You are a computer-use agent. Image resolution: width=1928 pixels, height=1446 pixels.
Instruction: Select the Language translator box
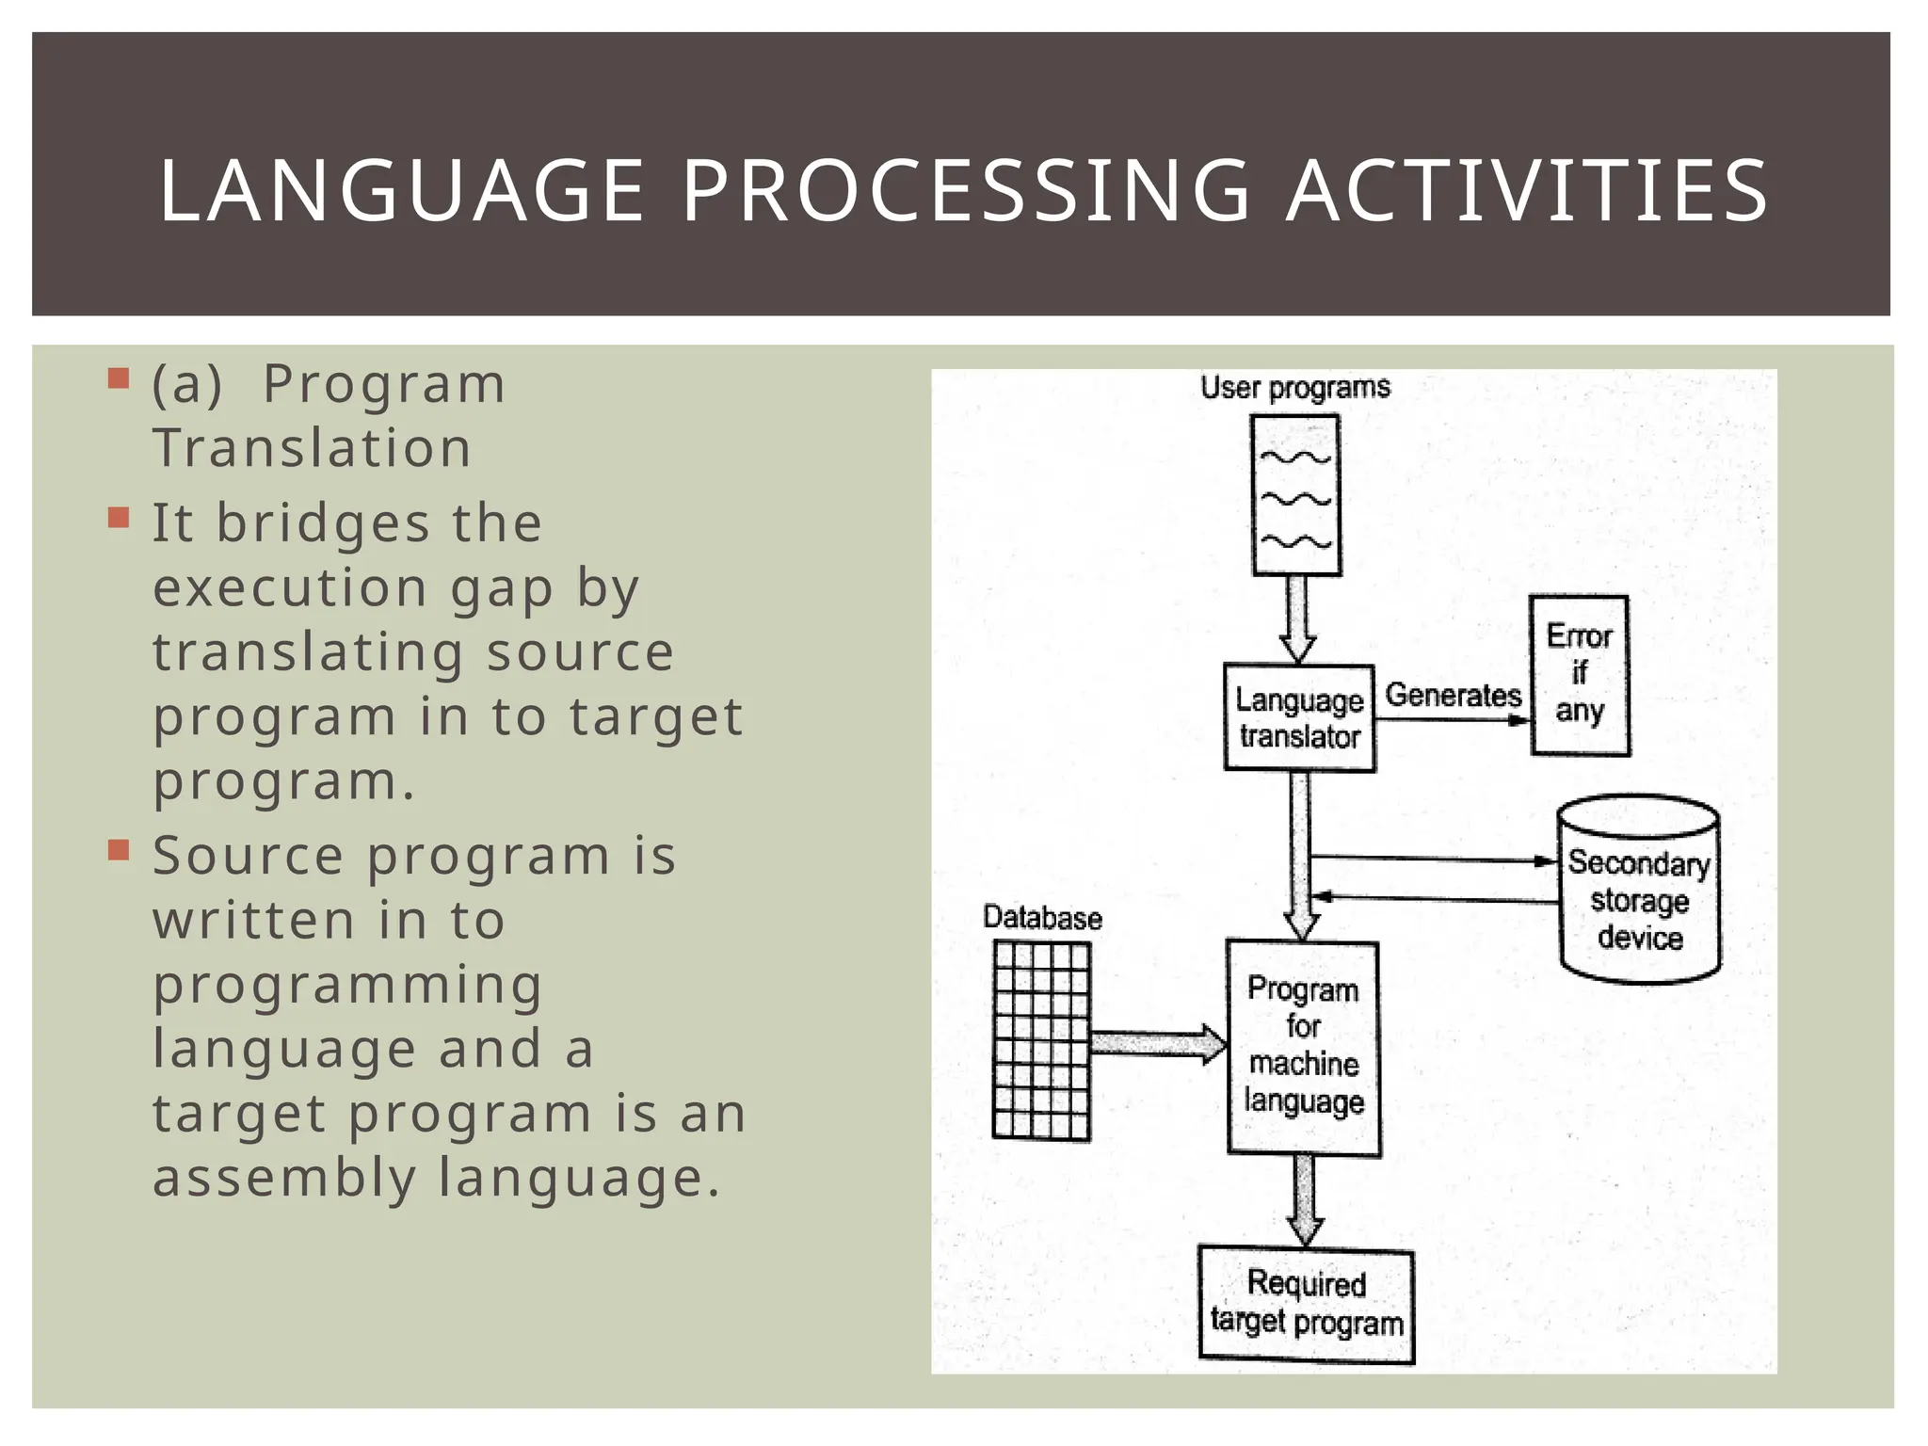[x=1299, y=717]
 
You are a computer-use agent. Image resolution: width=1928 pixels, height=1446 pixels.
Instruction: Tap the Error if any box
[x=1579, y=674]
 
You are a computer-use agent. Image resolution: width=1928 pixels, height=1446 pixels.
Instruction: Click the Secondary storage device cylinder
[x=1639, y=891]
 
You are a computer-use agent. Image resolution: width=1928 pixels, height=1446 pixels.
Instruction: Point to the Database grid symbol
[x=1041, y=1041]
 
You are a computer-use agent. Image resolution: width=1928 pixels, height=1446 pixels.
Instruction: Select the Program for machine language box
[x=1303, y=1047]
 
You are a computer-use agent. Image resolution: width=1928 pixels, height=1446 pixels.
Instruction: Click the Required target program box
[x=1306, y=1305]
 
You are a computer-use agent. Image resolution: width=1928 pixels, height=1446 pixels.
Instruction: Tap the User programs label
[x=1294, y=388]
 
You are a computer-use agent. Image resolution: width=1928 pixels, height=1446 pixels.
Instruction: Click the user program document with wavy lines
[x=1295, y=495]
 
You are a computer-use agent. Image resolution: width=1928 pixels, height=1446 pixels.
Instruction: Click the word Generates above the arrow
[x=1453, y=696]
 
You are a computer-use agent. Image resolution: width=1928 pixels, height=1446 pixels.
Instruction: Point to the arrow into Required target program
[x=1305, y=1201]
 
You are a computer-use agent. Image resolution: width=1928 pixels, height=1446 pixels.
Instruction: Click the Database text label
[x=1041, y=918]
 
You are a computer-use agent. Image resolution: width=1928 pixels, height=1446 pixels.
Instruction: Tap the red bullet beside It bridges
[x=119, y=519]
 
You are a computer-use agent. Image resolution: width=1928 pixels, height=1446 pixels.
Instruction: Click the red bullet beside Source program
[x=119, y=851]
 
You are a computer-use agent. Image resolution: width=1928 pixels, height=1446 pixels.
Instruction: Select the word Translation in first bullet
[x=312, y=448]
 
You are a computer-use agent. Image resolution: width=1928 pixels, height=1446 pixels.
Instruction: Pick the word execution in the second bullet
[x=291, y=588]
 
